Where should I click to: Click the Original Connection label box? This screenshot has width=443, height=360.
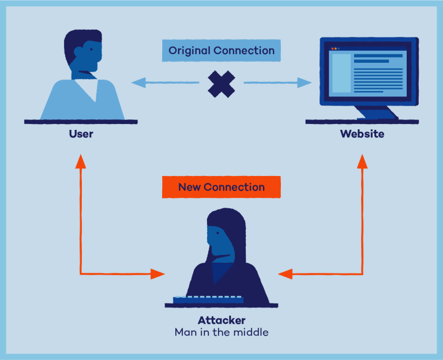(x=221, y=51)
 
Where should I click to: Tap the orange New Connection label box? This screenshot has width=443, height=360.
(x=221, y=187)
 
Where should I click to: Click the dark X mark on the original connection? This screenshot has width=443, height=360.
(x=221, y=84)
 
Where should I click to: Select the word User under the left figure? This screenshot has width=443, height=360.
(x=81, y=134)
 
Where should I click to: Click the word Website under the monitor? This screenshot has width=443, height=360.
(x=362, y=134)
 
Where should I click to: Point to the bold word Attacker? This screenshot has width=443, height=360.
(x=221, y=320)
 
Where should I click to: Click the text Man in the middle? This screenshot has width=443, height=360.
(x=221, y=332)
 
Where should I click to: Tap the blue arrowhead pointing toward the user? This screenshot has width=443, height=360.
(x=138, y=83)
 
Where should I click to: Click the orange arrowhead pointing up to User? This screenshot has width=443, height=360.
(x=81, y=161)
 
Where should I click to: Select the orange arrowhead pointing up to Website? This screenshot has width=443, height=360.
(x=362, y=161)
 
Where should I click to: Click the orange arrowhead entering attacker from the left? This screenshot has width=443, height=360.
(x=157, y=273)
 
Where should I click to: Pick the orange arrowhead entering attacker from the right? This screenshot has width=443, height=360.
(x=286, y=273)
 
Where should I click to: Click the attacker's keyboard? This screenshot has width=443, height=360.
(x=208, y=299)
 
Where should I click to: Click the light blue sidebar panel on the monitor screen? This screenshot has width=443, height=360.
(x=340, y=73)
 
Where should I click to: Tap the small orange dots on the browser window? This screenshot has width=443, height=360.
(x=334, y=48)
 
